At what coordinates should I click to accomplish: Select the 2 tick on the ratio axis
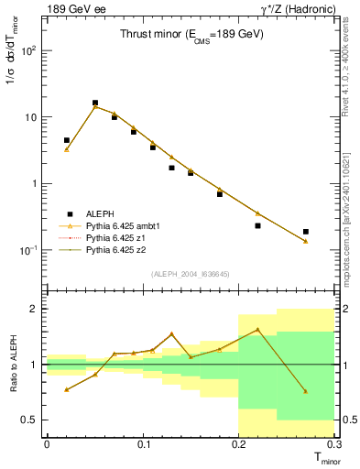[x=35, y=309]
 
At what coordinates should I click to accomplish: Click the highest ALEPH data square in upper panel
[x=95, y=104]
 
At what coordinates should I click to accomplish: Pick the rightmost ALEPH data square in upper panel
[x=305, y=232]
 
